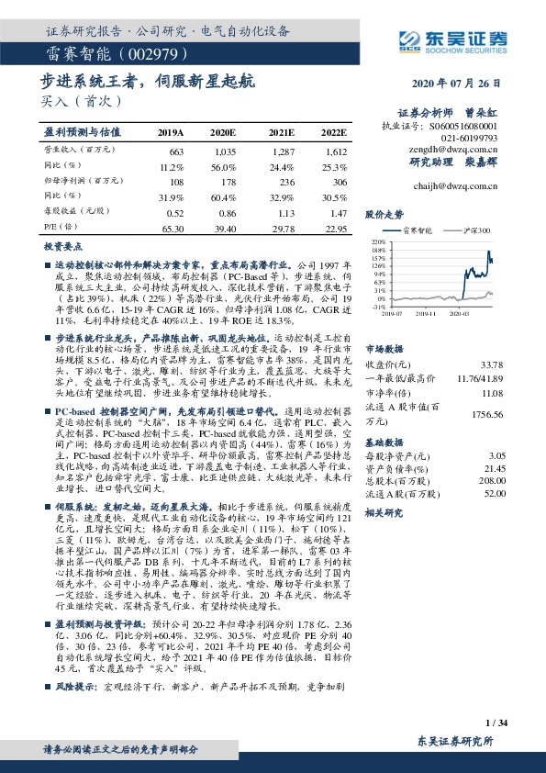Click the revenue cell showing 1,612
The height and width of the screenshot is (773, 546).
point(336,149)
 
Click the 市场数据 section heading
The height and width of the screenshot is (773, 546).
point(384,349)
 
